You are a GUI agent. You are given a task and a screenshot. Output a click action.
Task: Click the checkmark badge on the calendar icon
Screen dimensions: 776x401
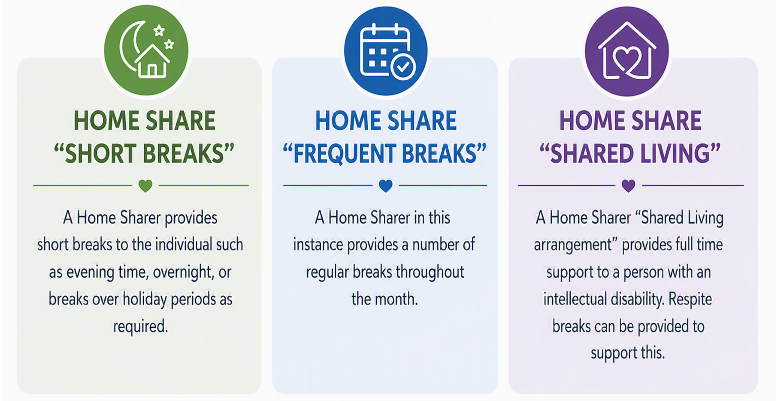403,67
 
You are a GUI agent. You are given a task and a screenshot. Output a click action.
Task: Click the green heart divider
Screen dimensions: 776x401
145,186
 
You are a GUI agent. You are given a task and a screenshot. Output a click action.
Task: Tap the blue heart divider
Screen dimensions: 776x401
386,186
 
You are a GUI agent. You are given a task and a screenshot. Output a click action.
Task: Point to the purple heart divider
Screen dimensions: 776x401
628,186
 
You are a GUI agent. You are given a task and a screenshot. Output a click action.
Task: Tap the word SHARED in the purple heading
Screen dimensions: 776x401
591,154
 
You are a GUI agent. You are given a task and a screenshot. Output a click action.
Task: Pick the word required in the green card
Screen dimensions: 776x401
141,327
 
